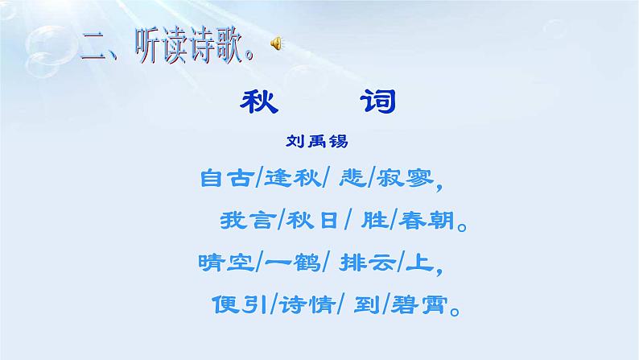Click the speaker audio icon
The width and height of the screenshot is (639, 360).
tap(276, 45)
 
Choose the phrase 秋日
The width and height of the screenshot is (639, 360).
tap(310, 220)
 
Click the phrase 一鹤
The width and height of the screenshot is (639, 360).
tap(287, 263)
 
